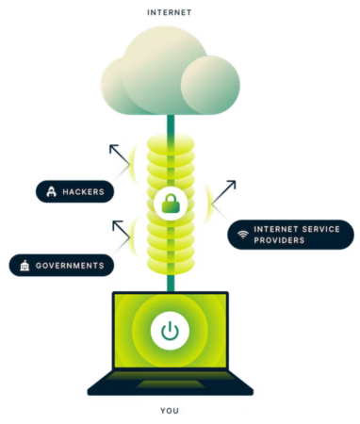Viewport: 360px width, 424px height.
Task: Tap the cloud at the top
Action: pyautogui.click(x=170, y=72)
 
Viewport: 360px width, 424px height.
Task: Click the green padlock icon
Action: pyautogui.click(x=170, y=203)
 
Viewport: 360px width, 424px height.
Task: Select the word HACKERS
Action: pyautogui.click(x=84, y=192)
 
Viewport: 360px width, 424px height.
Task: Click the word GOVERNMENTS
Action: pyautogui.click(x=71, y=266)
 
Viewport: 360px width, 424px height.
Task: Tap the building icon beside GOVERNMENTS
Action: pyautogui.click(x=24, y=266)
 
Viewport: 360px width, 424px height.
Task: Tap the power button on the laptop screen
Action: pyautogui.click(x=170, y=331)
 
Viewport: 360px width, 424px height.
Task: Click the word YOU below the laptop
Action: pyautogui.click(x=169, y=412)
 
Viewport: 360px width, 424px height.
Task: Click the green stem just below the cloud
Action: pyautogui.click(x=170, y=123)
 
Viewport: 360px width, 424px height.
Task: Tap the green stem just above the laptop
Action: pyautogui.click(x=170, y=283)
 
